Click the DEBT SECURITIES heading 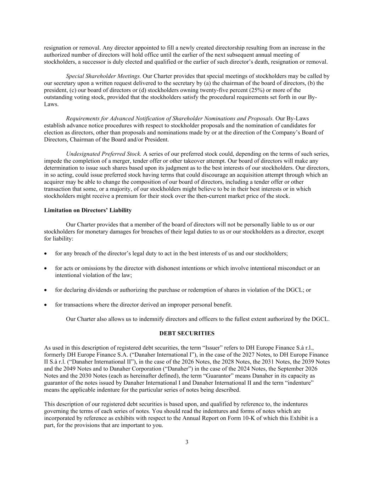click(x=187, y=333)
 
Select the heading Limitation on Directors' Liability click(x=88, y=210)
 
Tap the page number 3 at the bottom click(x=187, y=442)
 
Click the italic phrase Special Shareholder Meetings click(x=104, y=76)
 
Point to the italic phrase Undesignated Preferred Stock click(x=104, y=154)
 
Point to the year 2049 click(x=60, y=369)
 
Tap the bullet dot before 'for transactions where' click(x=45, y=305)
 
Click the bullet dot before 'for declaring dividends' click(x=45, y=290)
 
